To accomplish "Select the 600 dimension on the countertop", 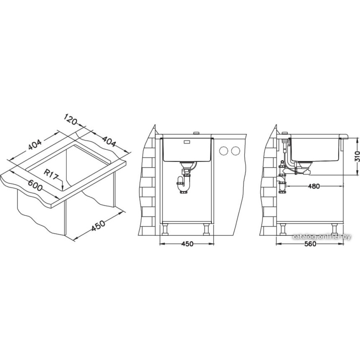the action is [35, 185].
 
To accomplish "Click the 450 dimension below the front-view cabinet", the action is [186, 244].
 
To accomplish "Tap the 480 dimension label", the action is [313, 186].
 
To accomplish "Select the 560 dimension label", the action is [309, 244].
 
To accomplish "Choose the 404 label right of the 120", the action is [109, 141].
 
